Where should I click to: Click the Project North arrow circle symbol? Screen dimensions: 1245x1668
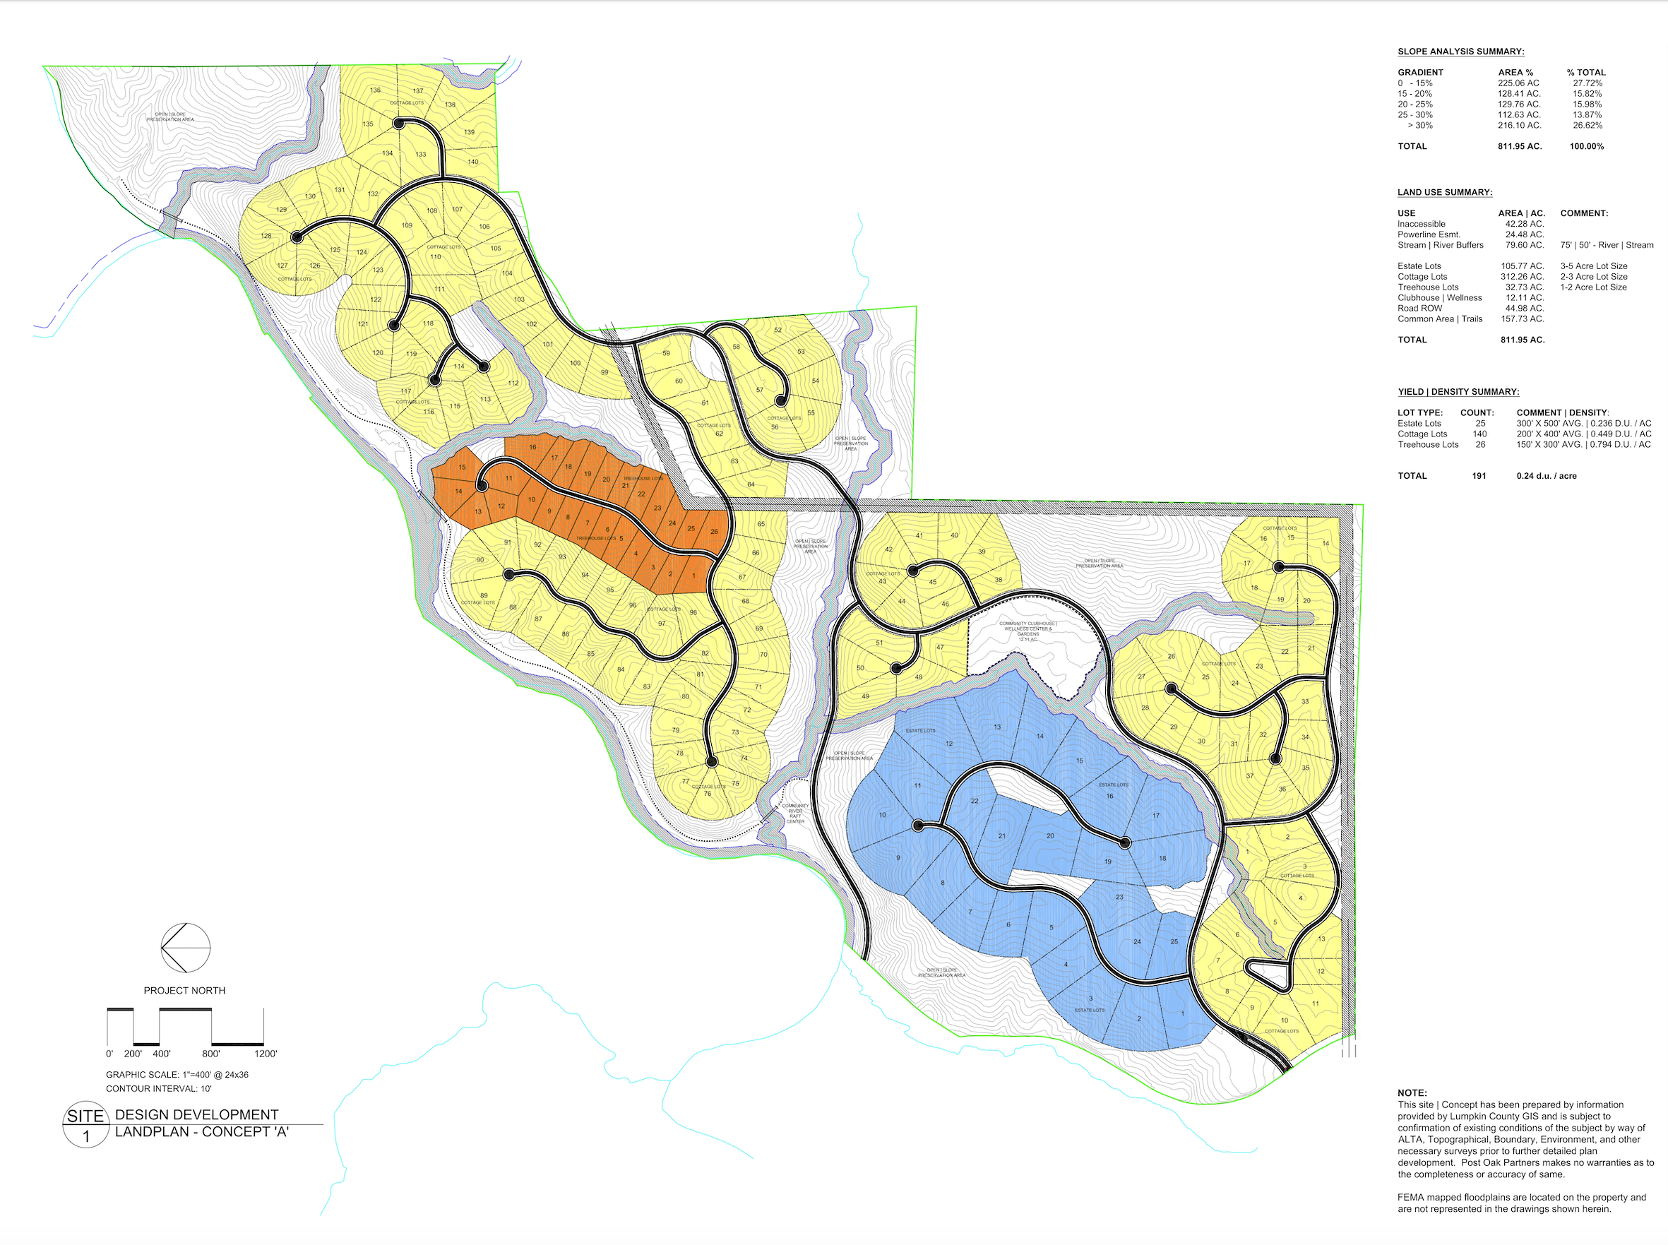click(186, 947)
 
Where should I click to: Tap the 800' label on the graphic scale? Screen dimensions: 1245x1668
click(211, 1054)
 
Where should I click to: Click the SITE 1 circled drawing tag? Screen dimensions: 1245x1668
click(85, 1126)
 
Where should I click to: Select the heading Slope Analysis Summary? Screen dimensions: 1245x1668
click(1460, 52)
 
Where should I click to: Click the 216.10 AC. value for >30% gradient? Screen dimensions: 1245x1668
click(1519, 125)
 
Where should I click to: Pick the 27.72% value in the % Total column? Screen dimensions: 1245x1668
click(1587, 83)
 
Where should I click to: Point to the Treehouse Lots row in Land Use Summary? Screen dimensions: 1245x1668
click(1428, 287)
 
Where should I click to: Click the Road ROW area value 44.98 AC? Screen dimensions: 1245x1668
click(1522, 308)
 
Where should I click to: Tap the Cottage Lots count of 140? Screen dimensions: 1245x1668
click(1479, 434)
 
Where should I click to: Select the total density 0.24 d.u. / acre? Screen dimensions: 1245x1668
click(1546, 475)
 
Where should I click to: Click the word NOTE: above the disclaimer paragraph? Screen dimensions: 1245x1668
click(1412, 1092)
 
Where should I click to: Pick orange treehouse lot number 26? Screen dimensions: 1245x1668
click(714, 531)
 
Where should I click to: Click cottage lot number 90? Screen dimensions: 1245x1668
click(480, 560)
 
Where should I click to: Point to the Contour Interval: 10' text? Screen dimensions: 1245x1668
click(158, 1088)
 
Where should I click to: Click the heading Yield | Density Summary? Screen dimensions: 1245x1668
click(1458, 392)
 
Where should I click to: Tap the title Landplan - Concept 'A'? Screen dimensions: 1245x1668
click(202, 1132)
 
